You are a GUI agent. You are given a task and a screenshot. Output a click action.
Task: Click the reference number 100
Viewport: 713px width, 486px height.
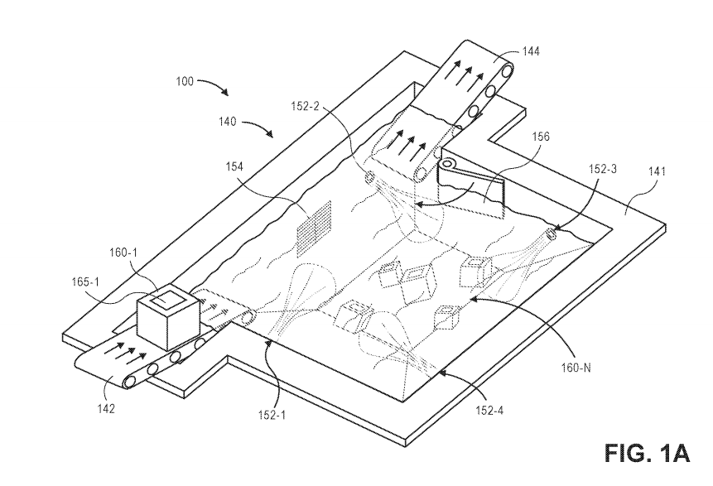(x=185, y=81)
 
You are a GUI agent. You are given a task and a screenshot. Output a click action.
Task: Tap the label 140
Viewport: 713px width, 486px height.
(x=228, y=122)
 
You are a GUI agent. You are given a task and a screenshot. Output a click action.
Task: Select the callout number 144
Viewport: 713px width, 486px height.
(x=531, y=52)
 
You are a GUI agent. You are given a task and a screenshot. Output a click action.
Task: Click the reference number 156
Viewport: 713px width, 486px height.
(x=540, y=137)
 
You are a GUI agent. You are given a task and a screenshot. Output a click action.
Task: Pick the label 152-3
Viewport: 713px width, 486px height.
(x=603, y=169)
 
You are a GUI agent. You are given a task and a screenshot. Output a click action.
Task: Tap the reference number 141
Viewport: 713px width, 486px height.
(x=657, y=171)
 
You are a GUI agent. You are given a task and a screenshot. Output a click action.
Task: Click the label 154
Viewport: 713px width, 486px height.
(x=234, y=167)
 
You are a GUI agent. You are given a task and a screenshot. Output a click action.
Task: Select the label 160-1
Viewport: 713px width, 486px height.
(x=123, y=253)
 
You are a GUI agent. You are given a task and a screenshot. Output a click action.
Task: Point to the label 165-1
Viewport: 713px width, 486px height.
(x=85, y=282)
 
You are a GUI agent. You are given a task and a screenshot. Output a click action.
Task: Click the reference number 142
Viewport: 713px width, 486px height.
(x=105, y=408)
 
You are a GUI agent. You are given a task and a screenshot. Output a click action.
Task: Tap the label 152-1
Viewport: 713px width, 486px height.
(x=271, y=415)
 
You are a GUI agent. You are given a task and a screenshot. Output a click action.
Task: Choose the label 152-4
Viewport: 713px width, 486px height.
(x=489, y=410)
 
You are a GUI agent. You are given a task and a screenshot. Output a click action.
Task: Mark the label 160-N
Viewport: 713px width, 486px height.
(x=576, y=368)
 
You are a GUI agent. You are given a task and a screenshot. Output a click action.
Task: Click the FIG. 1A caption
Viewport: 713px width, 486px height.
(x=648, y=453)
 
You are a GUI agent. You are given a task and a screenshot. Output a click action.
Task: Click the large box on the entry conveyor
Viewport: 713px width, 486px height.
(x=168, y=317)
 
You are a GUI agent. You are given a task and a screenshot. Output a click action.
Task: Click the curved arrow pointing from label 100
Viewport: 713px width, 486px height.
(x=213, y=85)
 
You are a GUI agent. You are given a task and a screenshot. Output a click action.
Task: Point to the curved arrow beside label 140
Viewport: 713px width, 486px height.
(x=257, y=127)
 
